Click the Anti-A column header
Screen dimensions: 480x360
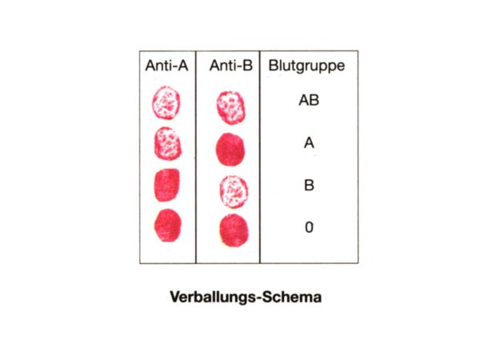[x=166, y=66]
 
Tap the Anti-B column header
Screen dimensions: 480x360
[x=231, y=66]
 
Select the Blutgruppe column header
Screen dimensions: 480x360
[x=306, y=66]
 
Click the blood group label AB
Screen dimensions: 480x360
[x=309, y=100]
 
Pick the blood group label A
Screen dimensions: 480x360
[x=309, y=142]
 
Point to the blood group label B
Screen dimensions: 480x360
[x=309, y=186]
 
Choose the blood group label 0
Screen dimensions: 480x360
[x=309, y=227]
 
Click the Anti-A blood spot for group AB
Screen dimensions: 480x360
[x=166, y=102]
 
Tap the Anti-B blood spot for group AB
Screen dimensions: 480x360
[x=230, y=108]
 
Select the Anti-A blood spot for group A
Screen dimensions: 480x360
[x=168, y=143]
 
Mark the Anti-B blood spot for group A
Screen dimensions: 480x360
[x=230, y=150]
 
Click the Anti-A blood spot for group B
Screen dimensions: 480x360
[x=167, y=185]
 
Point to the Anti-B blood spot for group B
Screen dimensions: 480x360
[x=234, y=192]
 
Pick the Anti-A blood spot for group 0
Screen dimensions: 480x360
[x=168, y=226]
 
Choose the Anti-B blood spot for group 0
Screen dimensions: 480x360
[x=234, y=230]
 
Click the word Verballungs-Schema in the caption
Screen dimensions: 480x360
[x=246, y=297]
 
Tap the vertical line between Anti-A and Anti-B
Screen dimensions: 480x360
[x=196, y=157]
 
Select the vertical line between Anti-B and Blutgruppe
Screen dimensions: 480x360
[x=259, y=157]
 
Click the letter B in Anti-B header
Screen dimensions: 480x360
[x=248, y=66]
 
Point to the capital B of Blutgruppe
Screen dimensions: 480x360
[x=274, y=66]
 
